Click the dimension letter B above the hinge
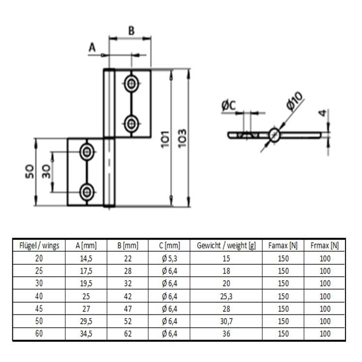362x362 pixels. click(131, 31)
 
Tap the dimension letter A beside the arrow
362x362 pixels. click(92, 48)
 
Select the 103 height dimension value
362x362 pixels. click(182, 138)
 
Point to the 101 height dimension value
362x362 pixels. click(165, 139)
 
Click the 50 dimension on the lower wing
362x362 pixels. click(29, 171)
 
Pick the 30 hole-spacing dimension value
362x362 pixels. click(47, 171)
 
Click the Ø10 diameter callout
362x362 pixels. click(294, 101)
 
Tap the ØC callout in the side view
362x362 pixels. click(229, 105)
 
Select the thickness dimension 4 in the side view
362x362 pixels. click(323, 113)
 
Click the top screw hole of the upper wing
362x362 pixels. click(131, 83)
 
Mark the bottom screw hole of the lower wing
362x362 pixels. click(87, 192)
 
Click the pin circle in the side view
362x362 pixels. click(275, 135)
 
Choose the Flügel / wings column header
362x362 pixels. click(39, 246)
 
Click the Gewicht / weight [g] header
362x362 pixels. click(227, 246)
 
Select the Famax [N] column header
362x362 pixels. click(283, 246)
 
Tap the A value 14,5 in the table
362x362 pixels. click(86, 259)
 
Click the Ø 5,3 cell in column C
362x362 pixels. click(170, 259)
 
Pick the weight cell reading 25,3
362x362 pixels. click(227, 296)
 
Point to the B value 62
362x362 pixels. click(128, 334)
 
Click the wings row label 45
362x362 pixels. click(39, 309)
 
